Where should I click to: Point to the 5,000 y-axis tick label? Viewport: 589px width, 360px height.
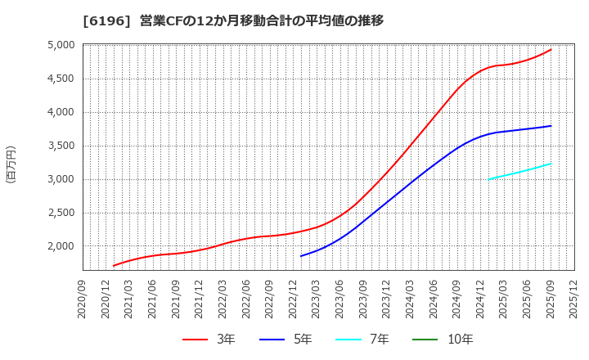pyautogui.click(x=60, y=45)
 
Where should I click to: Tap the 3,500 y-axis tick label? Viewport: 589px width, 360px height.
pyautogui.click(x=60, y=146)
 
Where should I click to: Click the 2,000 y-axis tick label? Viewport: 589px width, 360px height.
pyautogui.click(x=60, y=246)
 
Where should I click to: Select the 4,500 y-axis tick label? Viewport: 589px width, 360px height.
pyautogui.click(x=60, y=79)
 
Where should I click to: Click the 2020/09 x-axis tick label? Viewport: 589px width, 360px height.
pyautogui.click(x=83, y=298)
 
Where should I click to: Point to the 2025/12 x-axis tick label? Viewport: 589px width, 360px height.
pyautogui.click(x=574, y=298)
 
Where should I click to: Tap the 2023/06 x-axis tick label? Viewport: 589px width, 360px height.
pyautogui.click(x=340, y=298)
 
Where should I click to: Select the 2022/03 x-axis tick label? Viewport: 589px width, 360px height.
pyautogui.click(x=223, y=298)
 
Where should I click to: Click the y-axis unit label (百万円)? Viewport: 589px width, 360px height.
pyautogui.click(x=11, y=164)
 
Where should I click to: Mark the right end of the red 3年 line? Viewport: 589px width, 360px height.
pyautogui.click(x=551, y=49)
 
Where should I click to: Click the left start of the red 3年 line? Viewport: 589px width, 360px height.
pyautogui.click(x=114, y=266)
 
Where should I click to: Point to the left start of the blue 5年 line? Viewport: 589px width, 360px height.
pyautogui.click(x=301, y=256)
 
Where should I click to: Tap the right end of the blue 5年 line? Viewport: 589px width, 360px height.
pyautogui.click(x=551, y=126)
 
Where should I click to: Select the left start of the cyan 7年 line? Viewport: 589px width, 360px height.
pyautogui.click(x=488, y=179)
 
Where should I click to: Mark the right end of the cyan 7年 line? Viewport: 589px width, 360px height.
pyautogui.click(x=551, y=164)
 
